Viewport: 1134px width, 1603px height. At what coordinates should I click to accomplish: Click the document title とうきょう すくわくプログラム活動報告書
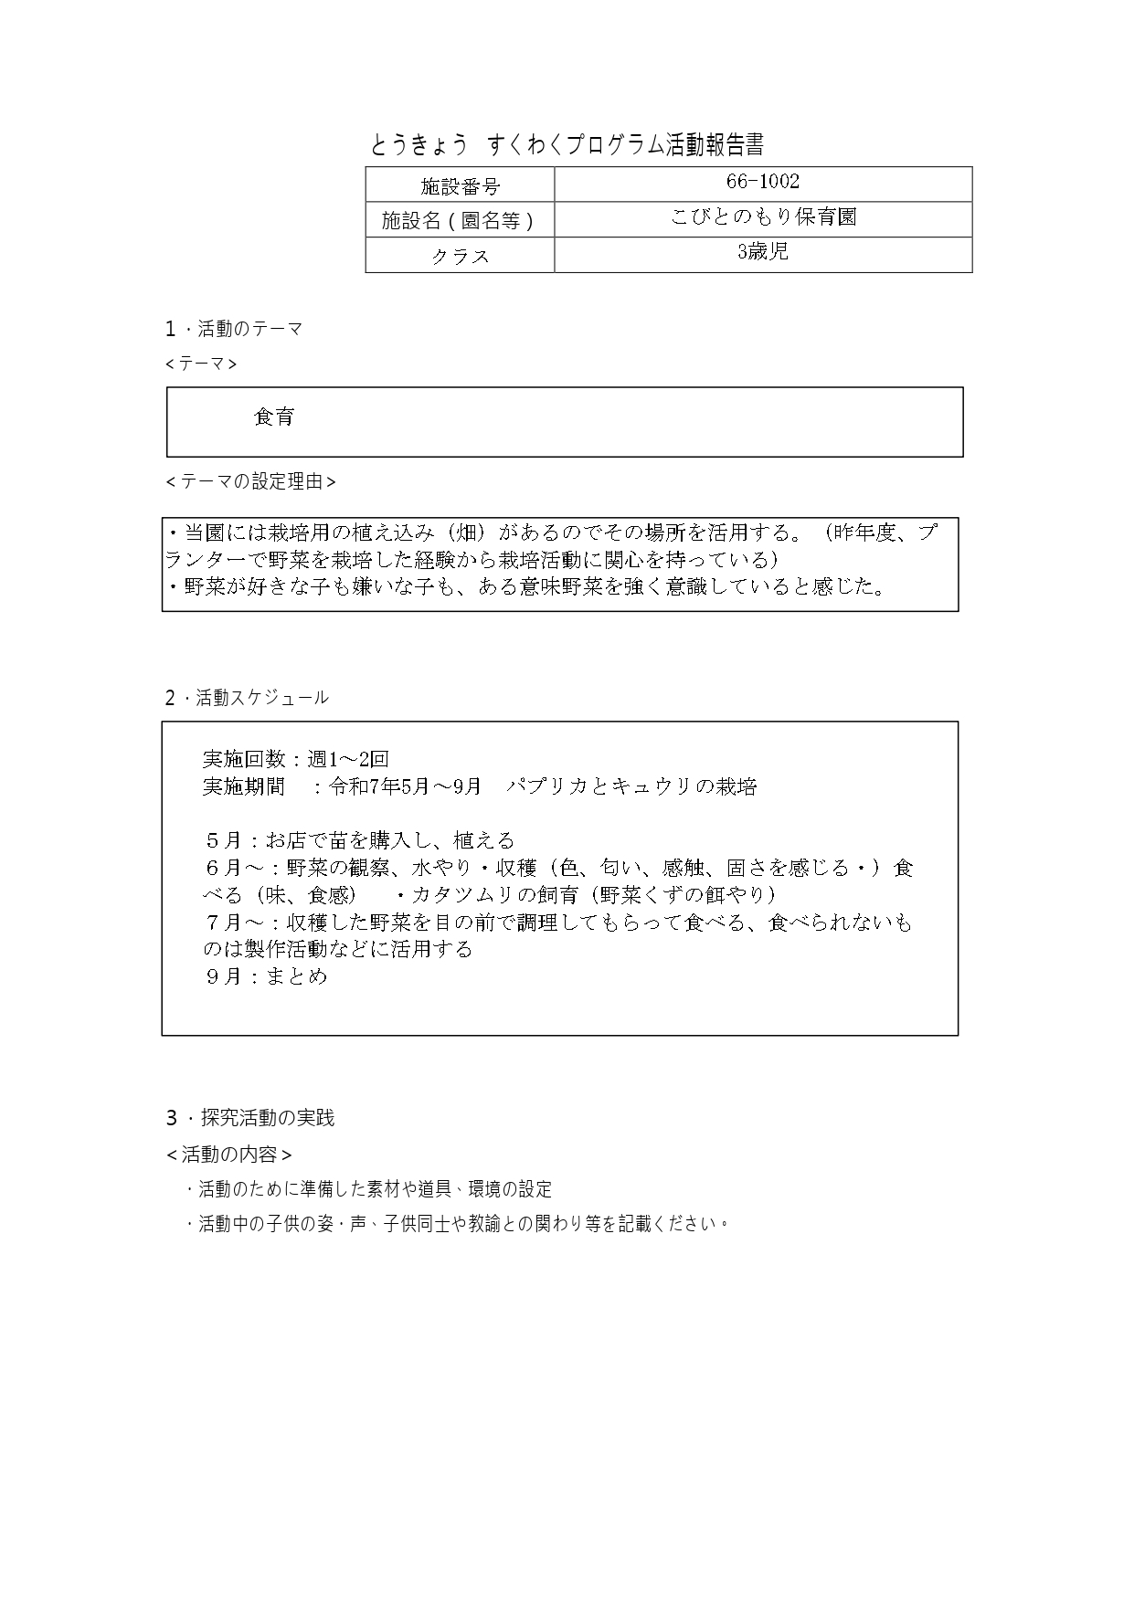[x=567, y=145]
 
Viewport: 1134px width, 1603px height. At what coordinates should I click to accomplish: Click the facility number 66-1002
[x=762, y=182]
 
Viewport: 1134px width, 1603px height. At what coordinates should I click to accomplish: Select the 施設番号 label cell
[x=460, y=186]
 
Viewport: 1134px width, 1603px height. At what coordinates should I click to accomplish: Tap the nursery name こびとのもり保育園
[x=762, y=217]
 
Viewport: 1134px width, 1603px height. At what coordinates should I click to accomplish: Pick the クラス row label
[x=460, y=257]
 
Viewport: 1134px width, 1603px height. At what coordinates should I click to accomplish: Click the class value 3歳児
[x=762, y=252]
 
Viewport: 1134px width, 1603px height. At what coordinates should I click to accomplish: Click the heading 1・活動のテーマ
[x=234, y=329]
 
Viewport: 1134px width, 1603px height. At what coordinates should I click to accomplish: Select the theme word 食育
[x=274, y=417]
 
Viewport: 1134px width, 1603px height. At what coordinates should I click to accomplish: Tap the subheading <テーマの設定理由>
[x=250, y=481]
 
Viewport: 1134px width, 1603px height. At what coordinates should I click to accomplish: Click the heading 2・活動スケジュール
[x=247, y=698]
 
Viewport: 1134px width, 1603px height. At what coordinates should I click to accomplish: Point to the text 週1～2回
[x=348, y=759]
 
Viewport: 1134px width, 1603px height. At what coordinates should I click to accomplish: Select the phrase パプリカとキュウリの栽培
[x=631, y=786]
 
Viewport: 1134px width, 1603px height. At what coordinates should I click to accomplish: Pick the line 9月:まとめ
[x=265, y=976]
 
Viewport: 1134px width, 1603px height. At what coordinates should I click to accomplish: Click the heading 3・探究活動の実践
[x=249, y=1118]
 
